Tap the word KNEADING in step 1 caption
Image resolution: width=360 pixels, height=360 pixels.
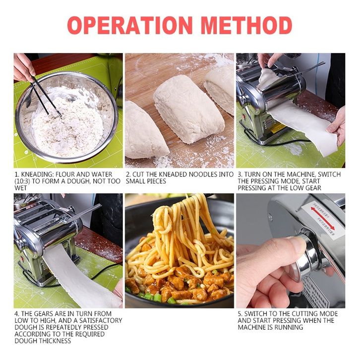click(x=37, y=174)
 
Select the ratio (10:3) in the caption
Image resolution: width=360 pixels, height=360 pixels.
click(x=22, y=181)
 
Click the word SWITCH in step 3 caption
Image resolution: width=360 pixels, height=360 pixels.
click(x=329, y=174)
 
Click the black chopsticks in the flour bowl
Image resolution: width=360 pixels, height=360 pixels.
click(x=46, y=96)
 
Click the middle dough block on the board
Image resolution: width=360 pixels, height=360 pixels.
click(x=189, y=109)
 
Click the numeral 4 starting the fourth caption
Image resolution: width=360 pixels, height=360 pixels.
click(x=16, y=313)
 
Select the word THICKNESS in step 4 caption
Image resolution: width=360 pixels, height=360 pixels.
click(x=55, y=341)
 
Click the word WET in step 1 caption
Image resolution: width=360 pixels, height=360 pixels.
click(x=21, y=188)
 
